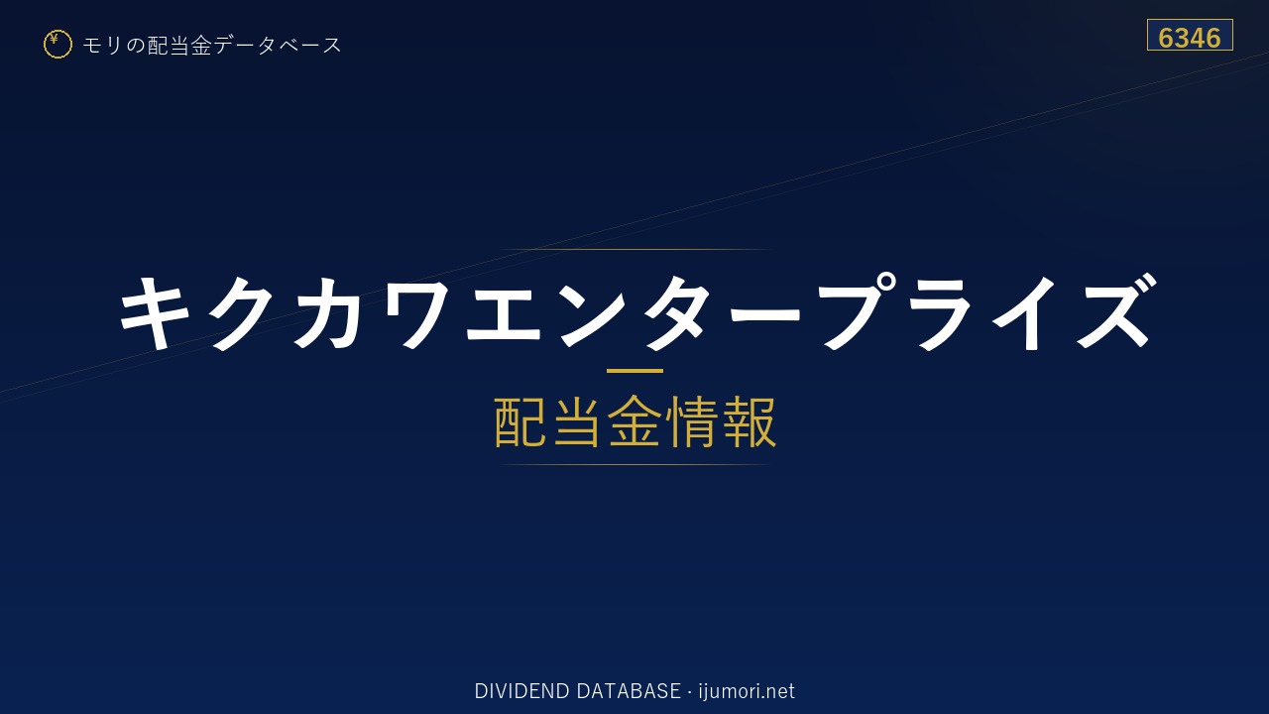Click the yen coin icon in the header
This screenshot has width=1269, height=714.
[x=58, y=45]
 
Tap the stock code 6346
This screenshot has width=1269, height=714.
[x=1190, y=38]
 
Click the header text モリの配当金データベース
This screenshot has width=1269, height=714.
[x=212, y=46]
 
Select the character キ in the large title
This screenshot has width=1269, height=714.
[x=154, y=312]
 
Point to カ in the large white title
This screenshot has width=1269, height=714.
[x=328, y=312]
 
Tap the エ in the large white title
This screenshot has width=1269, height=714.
[x=504, y=313]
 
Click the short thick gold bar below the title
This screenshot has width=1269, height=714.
[x=634, y=371]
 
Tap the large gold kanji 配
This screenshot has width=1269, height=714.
[x=520, y=421]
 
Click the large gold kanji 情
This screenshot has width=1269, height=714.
[x=691, y=421]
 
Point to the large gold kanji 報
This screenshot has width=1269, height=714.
[x=749, y=421]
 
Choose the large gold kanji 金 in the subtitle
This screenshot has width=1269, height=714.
[x=634, y=421]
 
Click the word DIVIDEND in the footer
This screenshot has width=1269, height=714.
[x=521, y=691]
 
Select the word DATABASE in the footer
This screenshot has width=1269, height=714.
[x=629, y=691]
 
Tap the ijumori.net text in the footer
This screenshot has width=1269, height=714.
[x=747, y=691]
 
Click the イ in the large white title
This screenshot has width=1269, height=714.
[x=1026, y=312]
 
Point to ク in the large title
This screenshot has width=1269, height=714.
[x=240, y=312]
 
